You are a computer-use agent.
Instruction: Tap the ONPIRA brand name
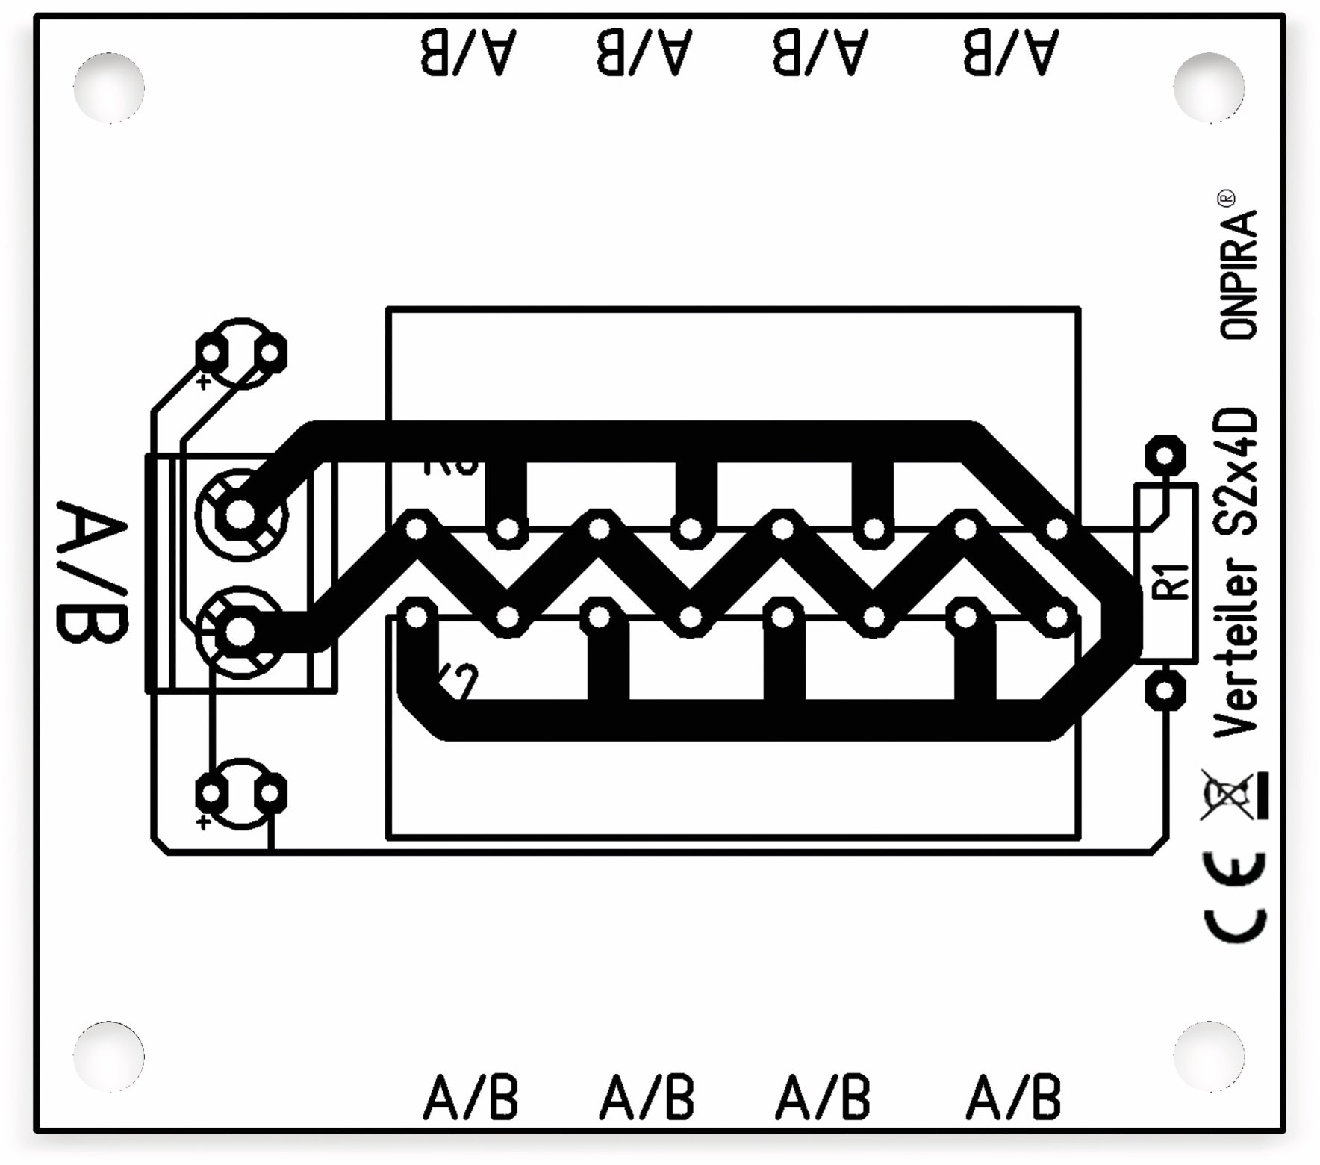click(1239, 276)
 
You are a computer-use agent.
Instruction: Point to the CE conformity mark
click(1236, 897)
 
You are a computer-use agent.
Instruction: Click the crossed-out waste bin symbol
click(1233, 795)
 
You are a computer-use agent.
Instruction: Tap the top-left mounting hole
click(109, 87)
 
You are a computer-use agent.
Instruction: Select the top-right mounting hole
click(1209, 87)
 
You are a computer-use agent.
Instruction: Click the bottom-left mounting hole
click(109, 1057)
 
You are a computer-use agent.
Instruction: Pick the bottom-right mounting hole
click(1209, 1057)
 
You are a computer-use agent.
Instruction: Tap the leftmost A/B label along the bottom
click(471, 1098)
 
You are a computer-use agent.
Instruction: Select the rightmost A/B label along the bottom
click(1014, 1098)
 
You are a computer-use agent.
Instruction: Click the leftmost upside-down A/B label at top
click(468, 52)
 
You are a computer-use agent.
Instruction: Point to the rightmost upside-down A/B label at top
click(1011, 52)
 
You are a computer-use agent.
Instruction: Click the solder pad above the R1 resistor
click(1165, 456)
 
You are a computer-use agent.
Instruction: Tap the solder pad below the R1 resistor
click(1165, 691)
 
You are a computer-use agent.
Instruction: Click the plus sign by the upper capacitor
click(202, 382)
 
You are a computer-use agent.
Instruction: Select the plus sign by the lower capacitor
click(202, 822)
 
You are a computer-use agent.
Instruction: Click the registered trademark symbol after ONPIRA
click(1226, 199)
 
